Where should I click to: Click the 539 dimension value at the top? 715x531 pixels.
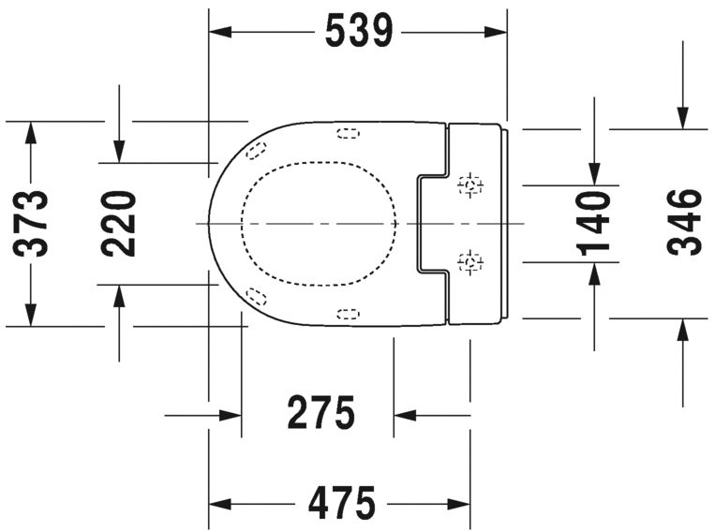point(358,32)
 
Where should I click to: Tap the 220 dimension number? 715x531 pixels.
point(119,224)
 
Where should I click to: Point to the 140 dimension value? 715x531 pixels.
point(593,223)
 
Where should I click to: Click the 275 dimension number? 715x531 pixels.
point(320,413)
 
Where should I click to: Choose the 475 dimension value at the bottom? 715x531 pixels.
point(341,504)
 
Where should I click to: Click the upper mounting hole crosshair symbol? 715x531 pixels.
point(470,185)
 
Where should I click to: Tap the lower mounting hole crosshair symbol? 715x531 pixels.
point(470,261)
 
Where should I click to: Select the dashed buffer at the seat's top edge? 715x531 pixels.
point(347,133)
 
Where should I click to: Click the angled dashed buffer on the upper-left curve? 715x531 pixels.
point(257,149)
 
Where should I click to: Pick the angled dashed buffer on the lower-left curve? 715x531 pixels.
point(256,297)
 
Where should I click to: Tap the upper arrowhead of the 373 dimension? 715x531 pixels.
point(31,133)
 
